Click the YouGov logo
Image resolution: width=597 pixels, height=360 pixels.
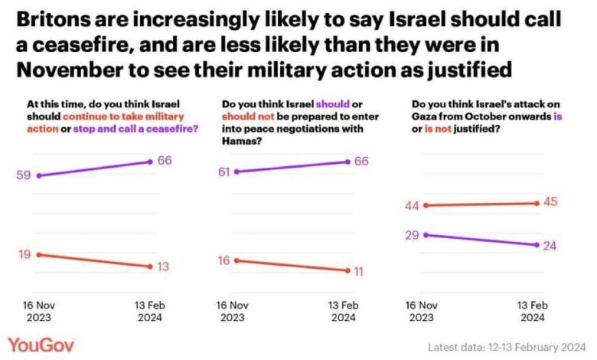click(41, 344)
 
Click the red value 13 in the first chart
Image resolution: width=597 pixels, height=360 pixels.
click(163, 267)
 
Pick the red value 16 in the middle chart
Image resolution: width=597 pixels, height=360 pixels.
click(225, 260)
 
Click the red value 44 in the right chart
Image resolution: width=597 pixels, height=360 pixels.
click(413, 205)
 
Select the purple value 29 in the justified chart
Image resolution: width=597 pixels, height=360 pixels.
click(413, 235)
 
